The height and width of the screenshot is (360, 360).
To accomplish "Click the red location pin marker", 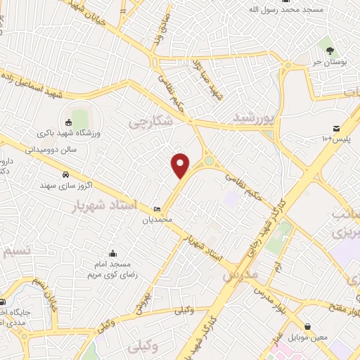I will [181, 165].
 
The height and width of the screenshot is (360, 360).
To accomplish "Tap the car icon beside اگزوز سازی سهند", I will [65, 174].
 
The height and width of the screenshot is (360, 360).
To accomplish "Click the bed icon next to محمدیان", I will [157, 210].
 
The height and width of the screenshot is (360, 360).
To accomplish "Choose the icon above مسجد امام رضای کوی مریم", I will [112, 253].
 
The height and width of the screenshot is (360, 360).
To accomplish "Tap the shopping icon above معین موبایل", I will [309, 327].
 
